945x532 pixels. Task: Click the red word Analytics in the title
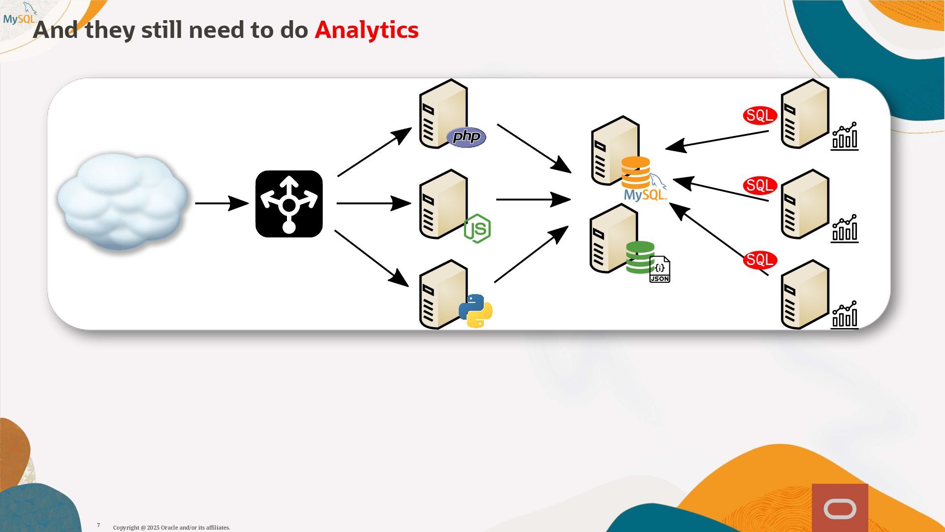click(366, 30)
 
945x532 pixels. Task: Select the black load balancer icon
click(289, 204)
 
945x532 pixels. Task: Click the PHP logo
click(466, 137)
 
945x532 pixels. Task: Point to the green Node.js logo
click(477, 229)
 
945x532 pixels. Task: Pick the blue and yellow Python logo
click(475, 311)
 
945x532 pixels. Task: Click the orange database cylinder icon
click(635, 172)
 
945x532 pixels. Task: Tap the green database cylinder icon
click(639, 257)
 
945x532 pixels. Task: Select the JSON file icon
click(660, 269)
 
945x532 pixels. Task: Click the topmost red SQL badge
click(759, 116)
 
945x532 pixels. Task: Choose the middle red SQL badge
click(759, 186)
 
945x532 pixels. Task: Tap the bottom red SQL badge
click(759, 260)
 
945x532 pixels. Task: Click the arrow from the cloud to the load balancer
click(221, 203)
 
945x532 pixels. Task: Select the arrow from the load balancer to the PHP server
click(374, 152)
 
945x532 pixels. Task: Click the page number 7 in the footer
click(98, 525)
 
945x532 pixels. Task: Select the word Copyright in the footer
click(126, 528)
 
